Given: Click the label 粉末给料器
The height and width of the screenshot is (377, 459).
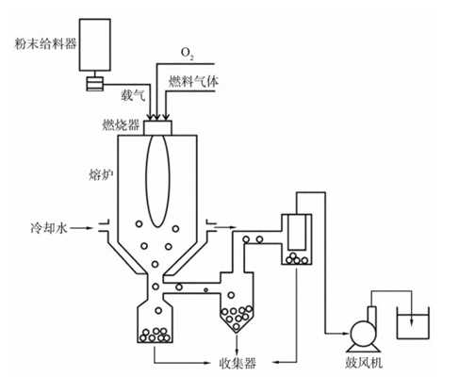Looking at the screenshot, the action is click(x=45, y=43).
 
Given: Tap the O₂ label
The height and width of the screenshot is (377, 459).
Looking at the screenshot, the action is click(x=188, y=54).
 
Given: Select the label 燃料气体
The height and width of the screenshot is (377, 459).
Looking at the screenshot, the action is click(x=193, y=81).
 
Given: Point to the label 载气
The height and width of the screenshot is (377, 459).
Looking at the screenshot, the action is click(x=133, y=94).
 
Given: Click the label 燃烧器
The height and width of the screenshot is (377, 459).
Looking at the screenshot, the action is click(x=121, y=125).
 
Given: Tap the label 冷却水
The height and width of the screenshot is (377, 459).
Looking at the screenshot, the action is click(x=49, y=228).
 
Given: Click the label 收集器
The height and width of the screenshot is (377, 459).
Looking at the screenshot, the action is click(x=238, y=364).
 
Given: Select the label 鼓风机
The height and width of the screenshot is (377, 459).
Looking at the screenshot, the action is click(x=364, y=363).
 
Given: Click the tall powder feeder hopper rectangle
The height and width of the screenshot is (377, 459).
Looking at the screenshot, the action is click(x=95, y=44).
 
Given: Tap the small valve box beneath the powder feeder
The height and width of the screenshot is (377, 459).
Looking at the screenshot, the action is click(x=95, y=84).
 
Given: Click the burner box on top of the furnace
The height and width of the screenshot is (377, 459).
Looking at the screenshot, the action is click(x=157, y=128).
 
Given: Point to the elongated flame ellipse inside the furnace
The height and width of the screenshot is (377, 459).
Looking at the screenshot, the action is click(x=157, y=181).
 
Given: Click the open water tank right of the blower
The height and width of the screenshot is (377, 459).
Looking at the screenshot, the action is click(x=413, y=323).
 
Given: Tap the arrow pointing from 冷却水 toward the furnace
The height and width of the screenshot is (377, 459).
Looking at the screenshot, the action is click(x=81, y=228).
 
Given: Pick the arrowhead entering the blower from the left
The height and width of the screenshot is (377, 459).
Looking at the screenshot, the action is click(x=346, y=333).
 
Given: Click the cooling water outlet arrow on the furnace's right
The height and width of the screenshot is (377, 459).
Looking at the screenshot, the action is click(x=225, y=227).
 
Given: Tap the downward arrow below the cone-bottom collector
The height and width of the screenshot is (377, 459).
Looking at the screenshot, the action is click(x=237, y=344).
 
